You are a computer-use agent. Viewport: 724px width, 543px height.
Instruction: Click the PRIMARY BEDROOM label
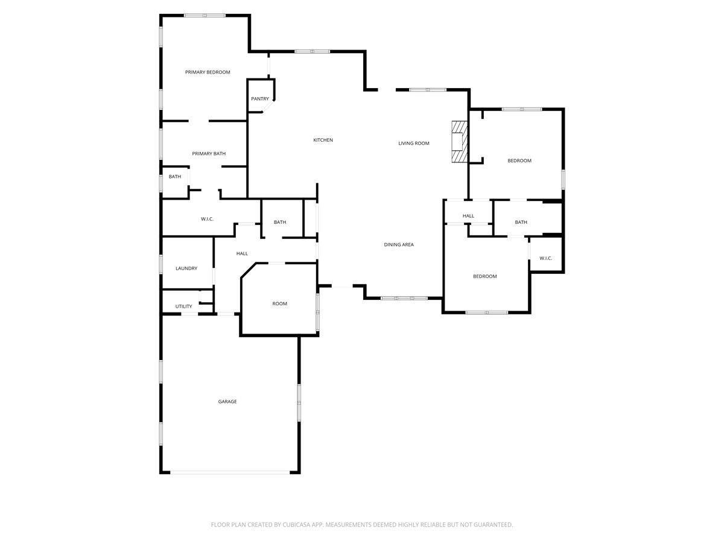pos(208,72)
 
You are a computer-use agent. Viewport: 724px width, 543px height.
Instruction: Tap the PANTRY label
pos(260,99)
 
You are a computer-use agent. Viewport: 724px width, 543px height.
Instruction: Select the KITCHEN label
pos(323,141)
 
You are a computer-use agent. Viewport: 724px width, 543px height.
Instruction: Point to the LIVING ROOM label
pos(414,144)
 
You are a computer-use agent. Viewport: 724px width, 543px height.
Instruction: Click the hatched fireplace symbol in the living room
pos(460,142)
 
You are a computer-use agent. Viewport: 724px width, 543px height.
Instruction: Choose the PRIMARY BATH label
pos(209,154)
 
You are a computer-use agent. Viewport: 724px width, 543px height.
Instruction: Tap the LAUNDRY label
pos(186,268)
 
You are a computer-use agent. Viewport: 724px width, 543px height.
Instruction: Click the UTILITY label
pos(184,306)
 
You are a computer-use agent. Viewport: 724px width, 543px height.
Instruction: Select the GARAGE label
pos(227,402)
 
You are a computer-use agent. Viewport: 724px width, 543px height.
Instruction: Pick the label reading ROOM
pos(279,304)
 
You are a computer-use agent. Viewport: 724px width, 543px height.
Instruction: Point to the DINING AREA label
pos(399,245)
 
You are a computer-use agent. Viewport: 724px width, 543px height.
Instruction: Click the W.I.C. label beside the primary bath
pos(208,219)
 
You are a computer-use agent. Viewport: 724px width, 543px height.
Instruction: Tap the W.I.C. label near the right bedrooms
pos(545,259)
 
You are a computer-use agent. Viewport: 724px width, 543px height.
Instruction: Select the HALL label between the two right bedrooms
pos(468,216)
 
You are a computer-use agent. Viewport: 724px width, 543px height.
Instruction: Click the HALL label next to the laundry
pos(242,254)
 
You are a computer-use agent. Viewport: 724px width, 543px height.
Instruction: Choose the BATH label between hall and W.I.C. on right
pos(521,223)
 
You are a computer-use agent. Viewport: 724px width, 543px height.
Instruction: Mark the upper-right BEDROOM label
pos(519,161)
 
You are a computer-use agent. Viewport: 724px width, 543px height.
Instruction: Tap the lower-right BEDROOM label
pos(484,277)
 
